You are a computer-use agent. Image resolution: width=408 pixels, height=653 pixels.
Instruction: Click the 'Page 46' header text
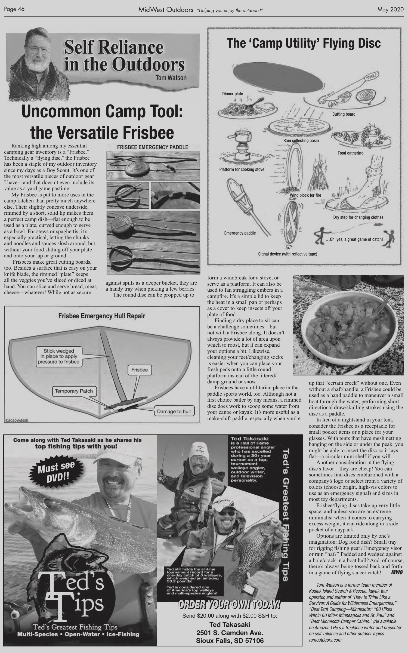pyautogui.click(x=14, y=9)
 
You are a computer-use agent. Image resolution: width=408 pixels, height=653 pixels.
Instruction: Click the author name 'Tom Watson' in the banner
pyautogui.click(x=171, y=78)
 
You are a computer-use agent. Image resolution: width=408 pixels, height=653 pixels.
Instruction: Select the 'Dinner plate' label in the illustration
pyautogui.click(x=233, y=94)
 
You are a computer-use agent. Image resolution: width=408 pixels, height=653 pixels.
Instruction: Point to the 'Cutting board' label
pyautogui.click(x=344, y=114)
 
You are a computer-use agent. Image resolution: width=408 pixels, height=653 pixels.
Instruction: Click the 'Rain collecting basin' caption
pyautogui.click(x=301, y=141)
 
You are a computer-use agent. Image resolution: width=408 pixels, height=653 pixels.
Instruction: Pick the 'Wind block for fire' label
pyautogui.click(x=305, y=195)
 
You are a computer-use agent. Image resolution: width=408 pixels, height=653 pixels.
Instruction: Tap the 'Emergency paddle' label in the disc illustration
pyautogui.click(x=240, y=233)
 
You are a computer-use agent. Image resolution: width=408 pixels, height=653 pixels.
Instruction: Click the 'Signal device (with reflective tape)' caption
pyautogui.click(x=288, y=254)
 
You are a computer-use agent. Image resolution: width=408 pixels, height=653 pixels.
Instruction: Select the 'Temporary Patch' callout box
pyautogui.click(x=74, y=391)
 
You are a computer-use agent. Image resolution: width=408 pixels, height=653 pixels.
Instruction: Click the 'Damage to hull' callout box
pyautogui.click(x=174, y=411)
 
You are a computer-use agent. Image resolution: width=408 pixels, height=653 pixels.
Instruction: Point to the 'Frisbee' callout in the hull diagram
pyautogui.click(x=139, y=370)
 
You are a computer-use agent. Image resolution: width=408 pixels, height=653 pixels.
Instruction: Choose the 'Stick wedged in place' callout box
pyautogui.click(x=59, y=356)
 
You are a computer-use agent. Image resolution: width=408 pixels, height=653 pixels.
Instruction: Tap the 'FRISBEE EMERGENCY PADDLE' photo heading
pyautogui.click(x=152, y=147)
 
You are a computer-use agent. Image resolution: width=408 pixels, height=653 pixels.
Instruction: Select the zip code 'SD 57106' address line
pyautogui.click(x=230, y=641)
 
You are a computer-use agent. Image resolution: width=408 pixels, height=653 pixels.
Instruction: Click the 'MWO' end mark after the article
pyautogui.click(x=396, y=572)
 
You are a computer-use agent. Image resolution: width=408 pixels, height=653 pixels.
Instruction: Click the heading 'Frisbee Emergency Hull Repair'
pyautogui.click(x=102, y=316)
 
